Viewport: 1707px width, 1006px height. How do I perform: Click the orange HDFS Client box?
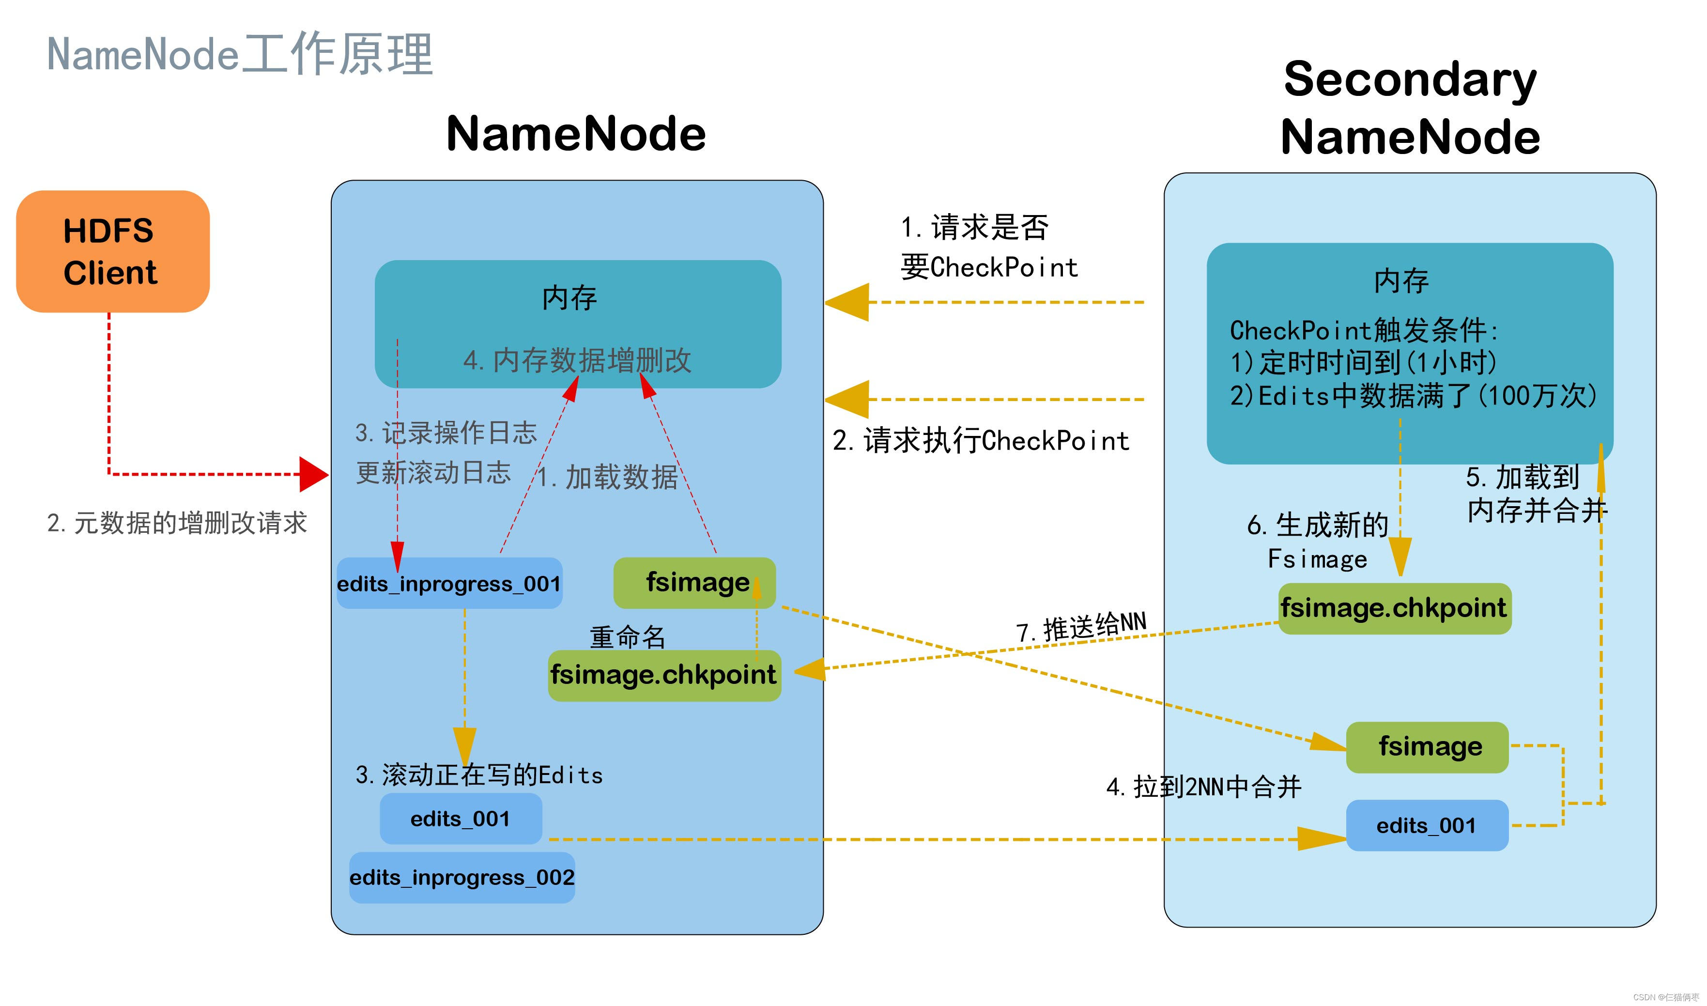point(112,251)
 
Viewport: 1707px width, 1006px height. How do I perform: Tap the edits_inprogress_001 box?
point(449,584)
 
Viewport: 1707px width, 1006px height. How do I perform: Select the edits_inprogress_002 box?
point(461,878)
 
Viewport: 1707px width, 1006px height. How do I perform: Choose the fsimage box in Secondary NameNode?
point(1427,747)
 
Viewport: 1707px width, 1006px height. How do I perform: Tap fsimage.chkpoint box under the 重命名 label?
point(664,675)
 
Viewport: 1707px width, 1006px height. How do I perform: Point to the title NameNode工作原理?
point(240,54)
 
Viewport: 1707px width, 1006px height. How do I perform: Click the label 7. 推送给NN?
point(1081,627)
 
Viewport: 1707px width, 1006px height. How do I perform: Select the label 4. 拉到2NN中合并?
point(1203,787)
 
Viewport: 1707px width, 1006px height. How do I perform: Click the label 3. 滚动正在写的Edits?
point(479,775)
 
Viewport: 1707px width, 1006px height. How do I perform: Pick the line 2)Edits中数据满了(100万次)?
point(1413,395)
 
